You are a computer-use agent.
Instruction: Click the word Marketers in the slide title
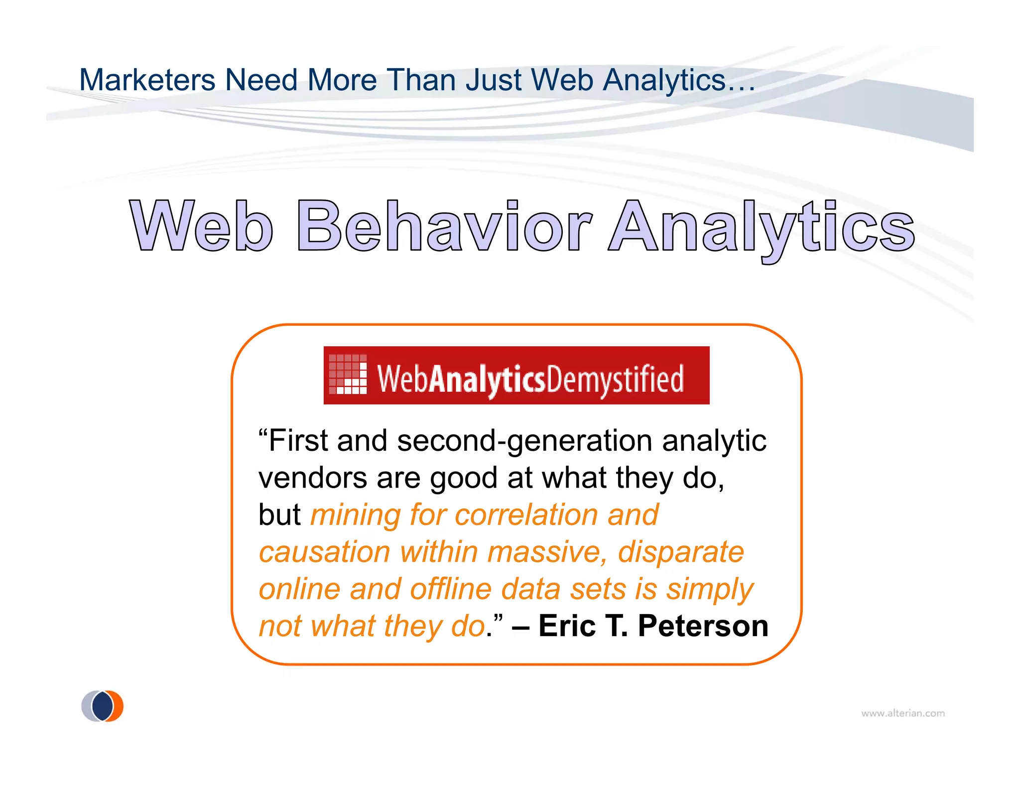coord(147,80)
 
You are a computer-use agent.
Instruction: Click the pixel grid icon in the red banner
coord(348,374)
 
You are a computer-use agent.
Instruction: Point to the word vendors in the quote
coord(313,478)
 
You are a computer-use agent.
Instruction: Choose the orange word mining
coord(355,516)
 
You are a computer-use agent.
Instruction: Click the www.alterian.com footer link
coord(902,713)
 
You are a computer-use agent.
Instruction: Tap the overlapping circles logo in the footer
coord(102,706)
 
